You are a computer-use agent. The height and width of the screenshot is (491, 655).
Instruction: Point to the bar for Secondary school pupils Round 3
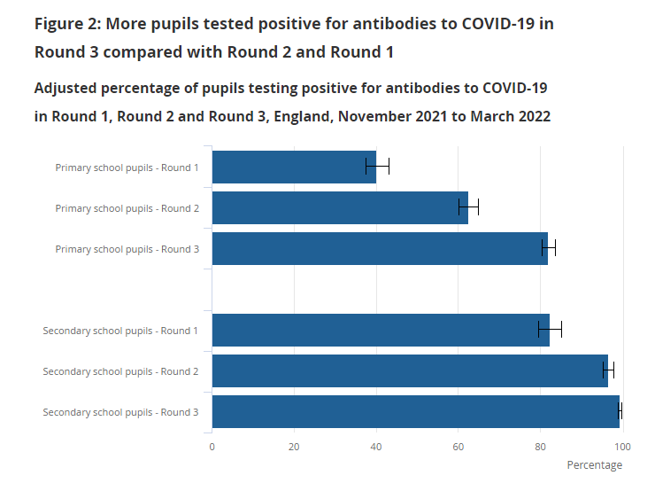(x=414, y=411)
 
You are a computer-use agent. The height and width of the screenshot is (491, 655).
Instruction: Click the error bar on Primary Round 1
(x=377, y=166)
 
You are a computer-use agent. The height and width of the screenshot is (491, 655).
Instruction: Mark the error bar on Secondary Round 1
(x=550, y=330)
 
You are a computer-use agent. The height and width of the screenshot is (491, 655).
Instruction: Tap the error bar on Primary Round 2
(x=469, y=207)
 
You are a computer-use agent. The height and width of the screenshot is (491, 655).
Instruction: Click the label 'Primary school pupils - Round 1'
(x=127, y=168)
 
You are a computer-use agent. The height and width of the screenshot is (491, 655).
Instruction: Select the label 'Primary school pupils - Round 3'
(x=127, y=249)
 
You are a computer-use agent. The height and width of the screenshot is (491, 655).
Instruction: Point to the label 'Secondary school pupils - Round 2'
(x=120, y=371)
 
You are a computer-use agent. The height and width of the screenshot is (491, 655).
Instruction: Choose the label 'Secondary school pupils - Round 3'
(x=120, y=412)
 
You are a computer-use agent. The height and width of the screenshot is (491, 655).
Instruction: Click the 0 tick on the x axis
(x=212, y=446)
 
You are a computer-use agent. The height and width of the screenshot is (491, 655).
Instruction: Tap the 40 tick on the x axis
(x=377, y=446)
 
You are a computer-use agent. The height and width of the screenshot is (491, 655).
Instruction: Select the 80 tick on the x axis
(x=541, y=446)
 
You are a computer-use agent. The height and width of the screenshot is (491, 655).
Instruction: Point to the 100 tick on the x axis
(x=622, y=446)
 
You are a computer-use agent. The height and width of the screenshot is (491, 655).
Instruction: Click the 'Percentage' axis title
(x=594, y=465)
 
